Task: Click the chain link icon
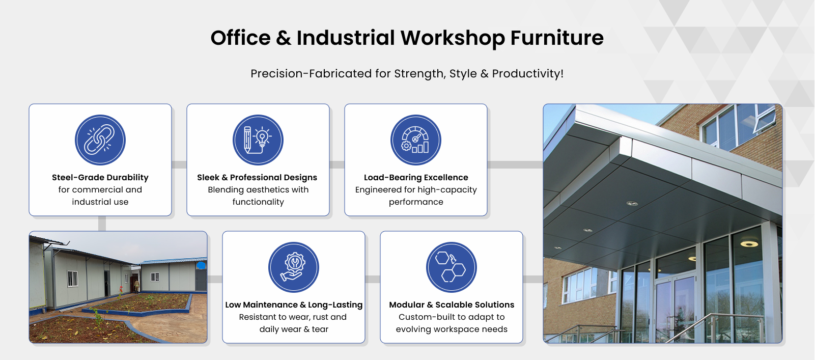(100, 140)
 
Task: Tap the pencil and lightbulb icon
(258, 140)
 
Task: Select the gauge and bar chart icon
(416, 140)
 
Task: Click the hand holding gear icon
(294, 267)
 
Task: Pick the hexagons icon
(452, 267)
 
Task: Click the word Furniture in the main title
(557, 38)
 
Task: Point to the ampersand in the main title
(284, 38)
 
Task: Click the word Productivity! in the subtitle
(528, 73)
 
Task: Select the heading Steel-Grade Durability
(100, 177)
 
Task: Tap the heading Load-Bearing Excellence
(416, 177)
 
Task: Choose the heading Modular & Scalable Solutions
(452, 304)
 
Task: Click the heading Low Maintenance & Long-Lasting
(294, 304)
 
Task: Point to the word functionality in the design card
(258, 202)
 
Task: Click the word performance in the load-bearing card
(416, 202)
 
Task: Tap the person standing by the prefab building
(136, 286)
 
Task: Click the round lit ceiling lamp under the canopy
(749, 243)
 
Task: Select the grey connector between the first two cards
(179, 164)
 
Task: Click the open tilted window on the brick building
(764, 118)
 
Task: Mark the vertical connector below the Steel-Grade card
(102, 224)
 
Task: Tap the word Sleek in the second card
(208, 177)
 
